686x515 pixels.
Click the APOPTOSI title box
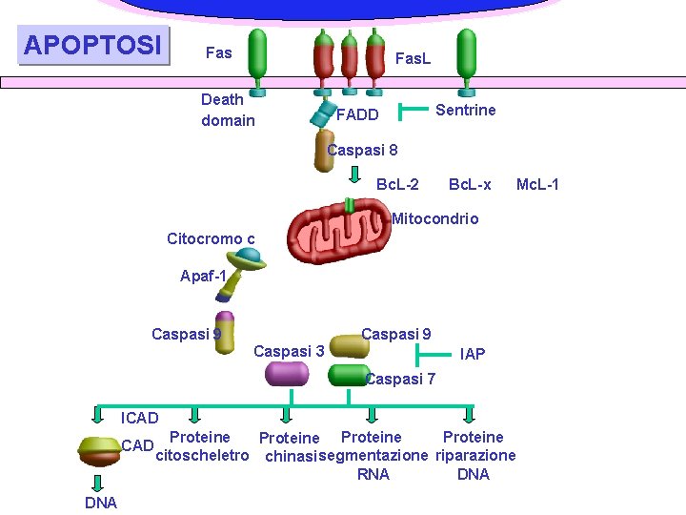(92, 45)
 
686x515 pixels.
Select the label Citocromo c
(211, 238)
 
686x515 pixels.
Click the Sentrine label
(465, 110)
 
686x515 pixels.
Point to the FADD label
(357, 115)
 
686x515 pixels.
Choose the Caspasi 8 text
(362, 150)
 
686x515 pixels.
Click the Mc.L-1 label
(537, 183)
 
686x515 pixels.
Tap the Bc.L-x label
(470, 183)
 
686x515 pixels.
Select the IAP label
(473, 354)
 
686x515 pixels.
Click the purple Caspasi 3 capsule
(287, 374)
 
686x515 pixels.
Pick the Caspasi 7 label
(400, 380)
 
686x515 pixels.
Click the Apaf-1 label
(203, 277)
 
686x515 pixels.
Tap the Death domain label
(228, 110)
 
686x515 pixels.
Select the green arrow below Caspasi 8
(354, 175)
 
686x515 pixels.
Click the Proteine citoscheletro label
(201, 446)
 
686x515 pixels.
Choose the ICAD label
(140, 418)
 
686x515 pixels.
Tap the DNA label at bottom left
(100, 503)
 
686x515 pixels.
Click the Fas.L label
(413, 58)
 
